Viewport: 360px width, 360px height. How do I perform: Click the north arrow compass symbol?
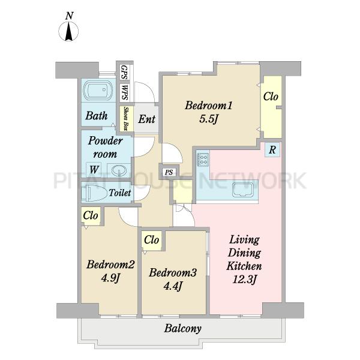68,31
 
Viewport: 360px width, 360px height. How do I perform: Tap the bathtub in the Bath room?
98,91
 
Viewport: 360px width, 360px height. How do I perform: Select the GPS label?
124,73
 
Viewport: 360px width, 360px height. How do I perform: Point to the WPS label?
125,92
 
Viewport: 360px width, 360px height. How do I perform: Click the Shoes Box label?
126,118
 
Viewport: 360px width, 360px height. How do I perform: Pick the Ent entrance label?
147,119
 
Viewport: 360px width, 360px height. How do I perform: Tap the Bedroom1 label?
209,106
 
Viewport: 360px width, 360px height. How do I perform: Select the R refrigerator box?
272,150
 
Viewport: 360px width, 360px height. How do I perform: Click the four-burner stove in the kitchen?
203,159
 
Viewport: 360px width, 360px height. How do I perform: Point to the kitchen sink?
243,190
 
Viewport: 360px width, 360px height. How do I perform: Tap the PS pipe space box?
169,172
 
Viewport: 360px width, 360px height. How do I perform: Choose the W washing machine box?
94,170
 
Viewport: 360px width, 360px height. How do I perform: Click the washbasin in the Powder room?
119,170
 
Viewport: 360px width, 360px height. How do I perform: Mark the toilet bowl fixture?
94,193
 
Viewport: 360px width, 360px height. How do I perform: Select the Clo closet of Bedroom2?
91,215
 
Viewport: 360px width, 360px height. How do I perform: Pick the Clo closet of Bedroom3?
152,240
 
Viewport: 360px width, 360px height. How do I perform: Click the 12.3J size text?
244,280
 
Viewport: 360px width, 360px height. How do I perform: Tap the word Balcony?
183,328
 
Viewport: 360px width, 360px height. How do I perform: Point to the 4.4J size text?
173,286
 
